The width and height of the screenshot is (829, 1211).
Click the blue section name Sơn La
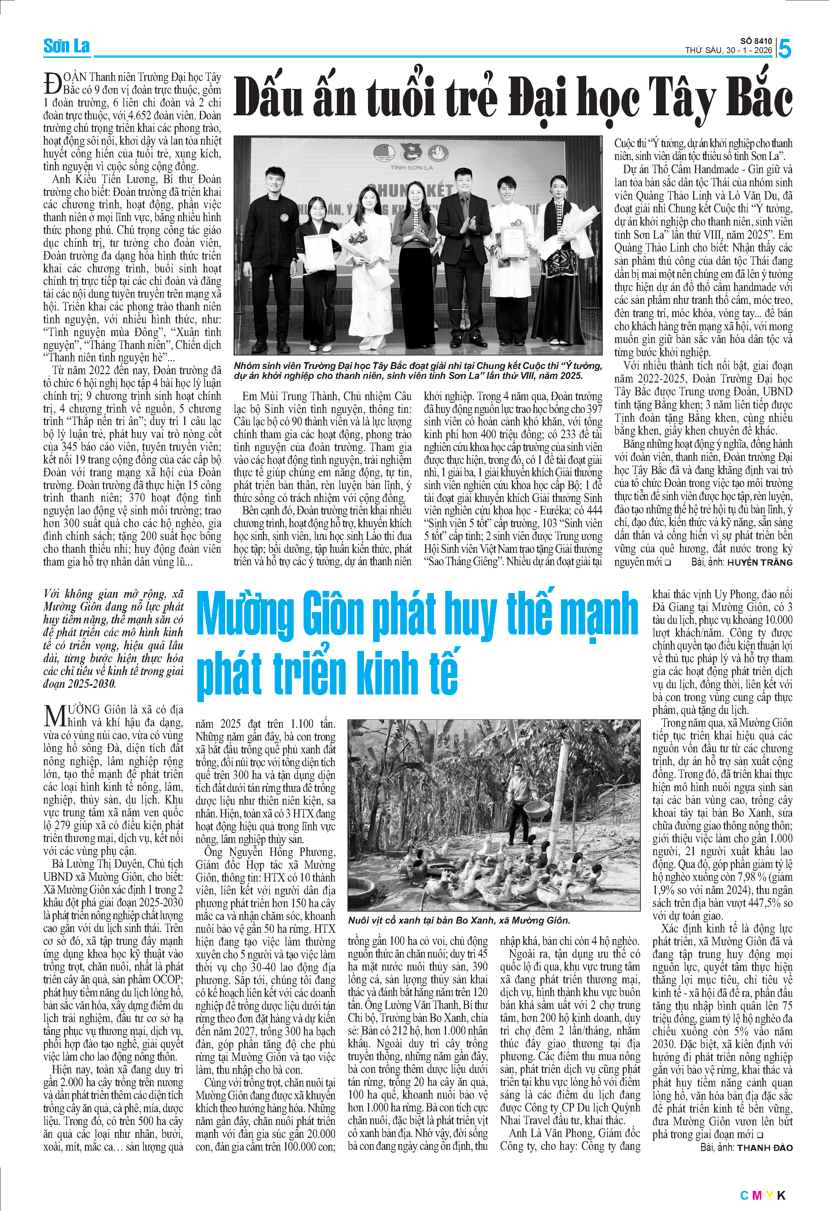[66, 46]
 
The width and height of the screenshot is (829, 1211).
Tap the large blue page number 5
[784, 49]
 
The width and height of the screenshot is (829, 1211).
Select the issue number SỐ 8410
[756, 41]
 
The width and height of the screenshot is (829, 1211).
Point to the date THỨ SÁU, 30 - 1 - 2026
[728, 51]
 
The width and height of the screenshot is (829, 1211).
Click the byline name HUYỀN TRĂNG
[760, 562]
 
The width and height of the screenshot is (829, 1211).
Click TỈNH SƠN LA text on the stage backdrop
[411, 168]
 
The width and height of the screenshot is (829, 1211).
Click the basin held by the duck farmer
[537, 809]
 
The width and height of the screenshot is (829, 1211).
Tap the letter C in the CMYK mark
[744, 1195]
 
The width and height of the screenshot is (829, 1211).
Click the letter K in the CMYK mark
[781, 1195]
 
